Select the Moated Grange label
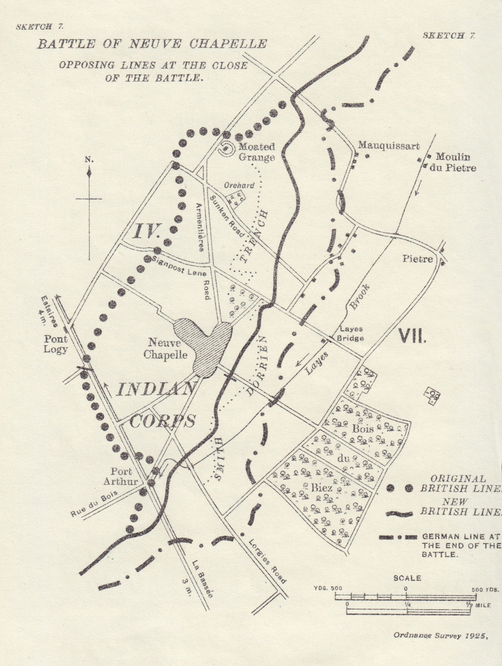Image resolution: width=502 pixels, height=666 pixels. (x=257, y=152)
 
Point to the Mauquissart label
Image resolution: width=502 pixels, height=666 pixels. (x=388, y=146)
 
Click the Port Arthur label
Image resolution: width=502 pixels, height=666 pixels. (x=123, y=476)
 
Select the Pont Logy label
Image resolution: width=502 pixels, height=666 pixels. (x=55, y=344)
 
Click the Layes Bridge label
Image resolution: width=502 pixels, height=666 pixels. (x=351, y=334)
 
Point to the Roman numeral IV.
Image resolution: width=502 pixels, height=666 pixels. (x=146, y=231)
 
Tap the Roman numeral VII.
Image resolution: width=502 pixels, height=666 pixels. (x=412, y=335)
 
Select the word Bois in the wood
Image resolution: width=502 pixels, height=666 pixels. (x=363, y=429)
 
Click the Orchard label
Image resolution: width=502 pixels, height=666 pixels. (x=239, y=185)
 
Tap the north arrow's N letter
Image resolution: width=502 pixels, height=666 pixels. (x=89, y=160)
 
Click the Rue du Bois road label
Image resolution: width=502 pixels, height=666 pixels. (x=94, y=503)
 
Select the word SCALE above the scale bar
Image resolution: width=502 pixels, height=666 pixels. (x=407, y=578)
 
